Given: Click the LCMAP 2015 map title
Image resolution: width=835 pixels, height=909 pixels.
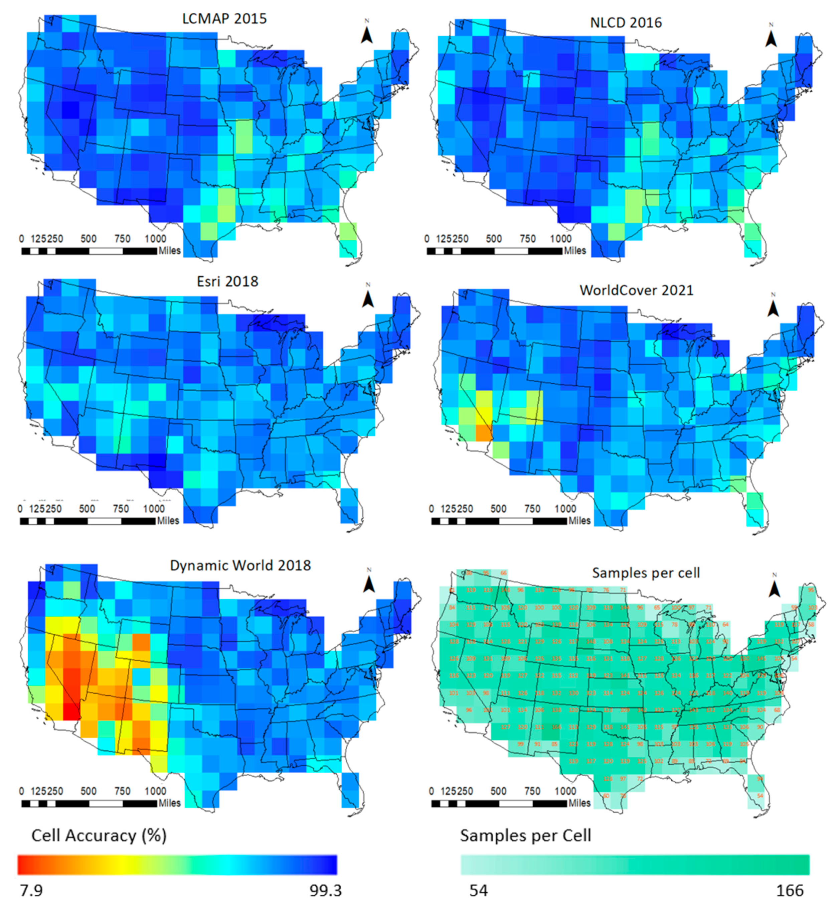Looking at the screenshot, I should tap(224, 19).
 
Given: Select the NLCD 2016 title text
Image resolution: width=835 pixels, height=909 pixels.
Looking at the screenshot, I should tap(626, 23).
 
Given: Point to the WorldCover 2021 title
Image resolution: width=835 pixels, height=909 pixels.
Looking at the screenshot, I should tap(636, 290).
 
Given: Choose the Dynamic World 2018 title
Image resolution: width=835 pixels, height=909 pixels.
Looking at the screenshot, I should tap(240, 565).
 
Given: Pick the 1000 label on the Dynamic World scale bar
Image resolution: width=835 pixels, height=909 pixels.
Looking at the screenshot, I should tap(155, 791).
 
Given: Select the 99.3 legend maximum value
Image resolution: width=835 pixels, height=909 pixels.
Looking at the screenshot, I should tap(325, 891).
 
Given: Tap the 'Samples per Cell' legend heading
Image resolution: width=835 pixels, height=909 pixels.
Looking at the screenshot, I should tap(525, 836).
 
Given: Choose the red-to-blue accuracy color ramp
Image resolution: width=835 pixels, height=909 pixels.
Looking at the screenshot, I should tap(177, 865).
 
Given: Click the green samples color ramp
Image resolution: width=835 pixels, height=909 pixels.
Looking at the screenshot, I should tap(635, 865).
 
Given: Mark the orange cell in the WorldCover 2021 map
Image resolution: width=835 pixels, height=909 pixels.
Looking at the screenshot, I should tap(484, 432).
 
